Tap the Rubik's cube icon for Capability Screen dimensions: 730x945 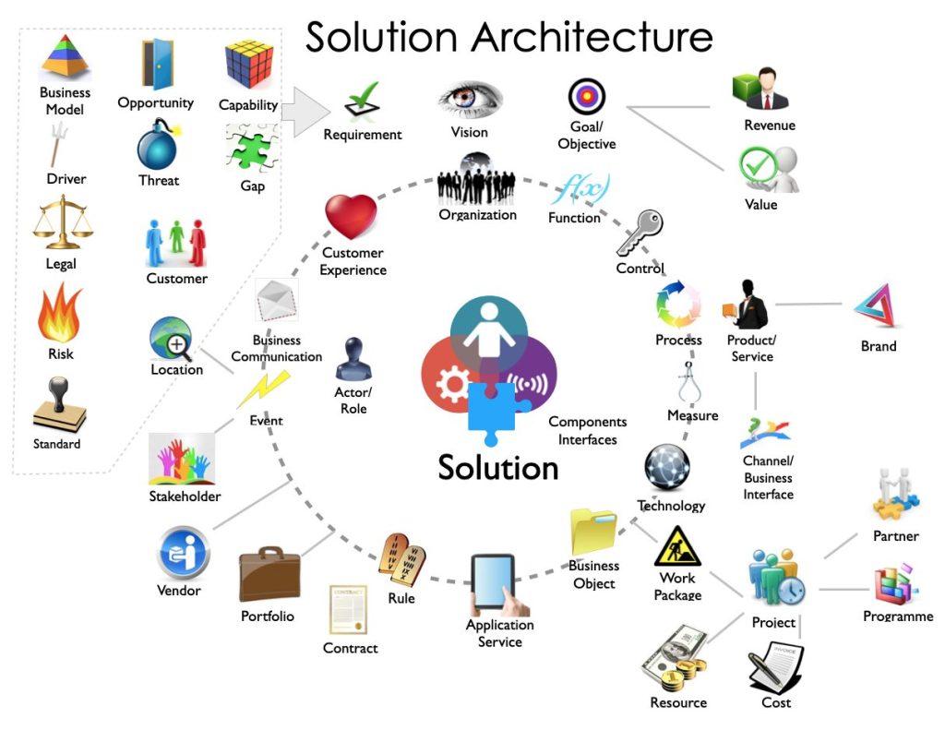click(x=248, y=65)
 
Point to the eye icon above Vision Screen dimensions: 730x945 click(x=470, y=101)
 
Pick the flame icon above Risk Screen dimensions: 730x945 click(x=60, y=315)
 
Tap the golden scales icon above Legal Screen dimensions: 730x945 click(x=59, y=224)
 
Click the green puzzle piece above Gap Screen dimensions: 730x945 click(x=251, y=149)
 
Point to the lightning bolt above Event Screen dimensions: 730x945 click(x=264, y=389)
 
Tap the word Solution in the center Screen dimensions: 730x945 click(x=498, y=467)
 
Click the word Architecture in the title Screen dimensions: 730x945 click(x=592, y=38)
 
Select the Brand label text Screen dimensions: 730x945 click(x=879, y=346)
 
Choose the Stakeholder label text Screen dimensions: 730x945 click(x=185, y=497)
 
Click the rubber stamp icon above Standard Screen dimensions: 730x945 click(x=59, y=407)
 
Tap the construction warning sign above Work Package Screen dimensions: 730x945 click(x=677, y=546)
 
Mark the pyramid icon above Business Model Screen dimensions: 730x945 click(x=65, y=57)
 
